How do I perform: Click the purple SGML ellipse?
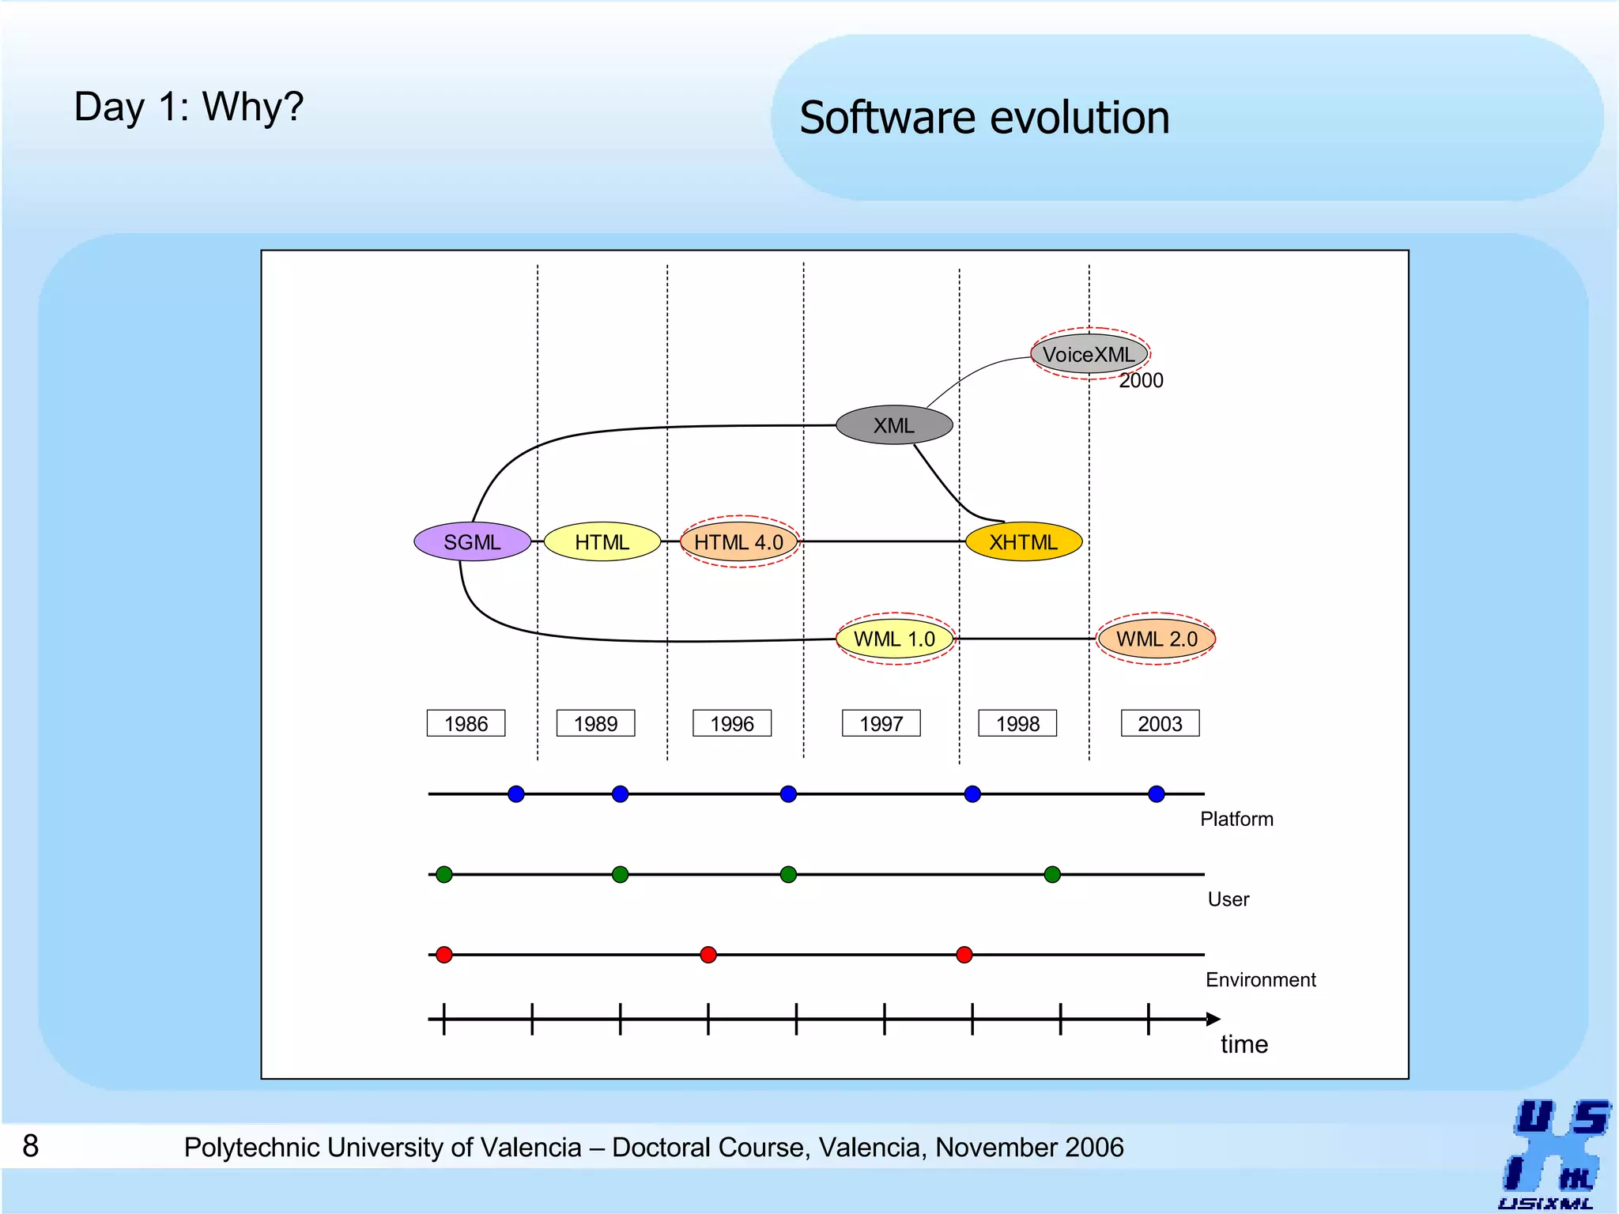(x=472, y=542)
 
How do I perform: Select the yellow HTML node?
(x=602, y=542)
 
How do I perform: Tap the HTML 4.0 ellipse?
(x=739, y=542)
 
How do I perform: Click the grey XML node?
(x=894, y=425)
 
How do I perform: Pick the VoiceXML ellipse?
(x=1089, y=354)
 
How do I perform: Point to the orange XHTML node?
(x=1024, y=542)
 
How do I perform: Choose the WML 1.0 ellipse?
(x=895, y=639)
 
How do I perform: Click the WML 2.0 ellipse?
(x=1157, y=639)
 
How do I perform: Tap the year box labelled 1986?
(x=466, y=723)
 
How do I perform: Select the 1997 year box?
(x=881, y=723)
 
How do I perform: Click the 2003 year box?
(x=1160, y=723)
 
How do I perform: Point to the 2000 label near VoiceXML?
(x=1141, y=380)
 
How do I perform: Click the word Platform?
(x=1236, y=819)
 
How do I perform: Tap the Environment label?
(x=1260, y=980)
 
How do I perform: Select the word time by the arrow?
(x=1243, y=1044)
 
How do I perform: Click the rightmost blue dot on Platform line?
(x=1156, y=794)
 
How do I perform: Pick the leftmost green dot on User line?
(x=444, y=874)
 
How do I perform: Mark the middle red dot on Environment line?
(x=708, y=955)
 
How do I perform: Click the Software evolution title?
(x=984, y=118)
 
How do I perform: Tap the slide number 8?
(x=30, y=1146)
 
